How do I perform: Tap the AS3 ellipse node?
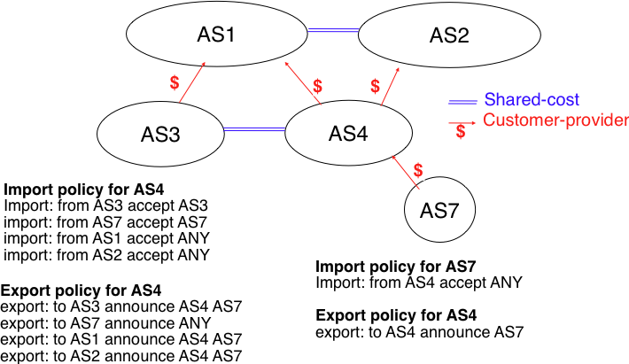(160, 135)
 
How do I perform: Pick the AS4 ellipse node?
(348, 134)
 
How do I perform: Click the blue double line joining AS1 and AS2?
(332, 31)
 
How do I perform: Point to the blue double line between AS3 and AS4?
(254, 130)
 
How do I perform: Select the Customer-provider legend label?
(555, 120)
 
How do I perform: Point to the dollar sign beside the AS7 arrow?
(419, 168)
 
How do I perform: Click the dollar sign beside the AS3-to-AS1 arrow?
(175, 82)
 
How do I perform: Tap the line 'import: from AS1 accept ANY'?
(106, 238)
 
